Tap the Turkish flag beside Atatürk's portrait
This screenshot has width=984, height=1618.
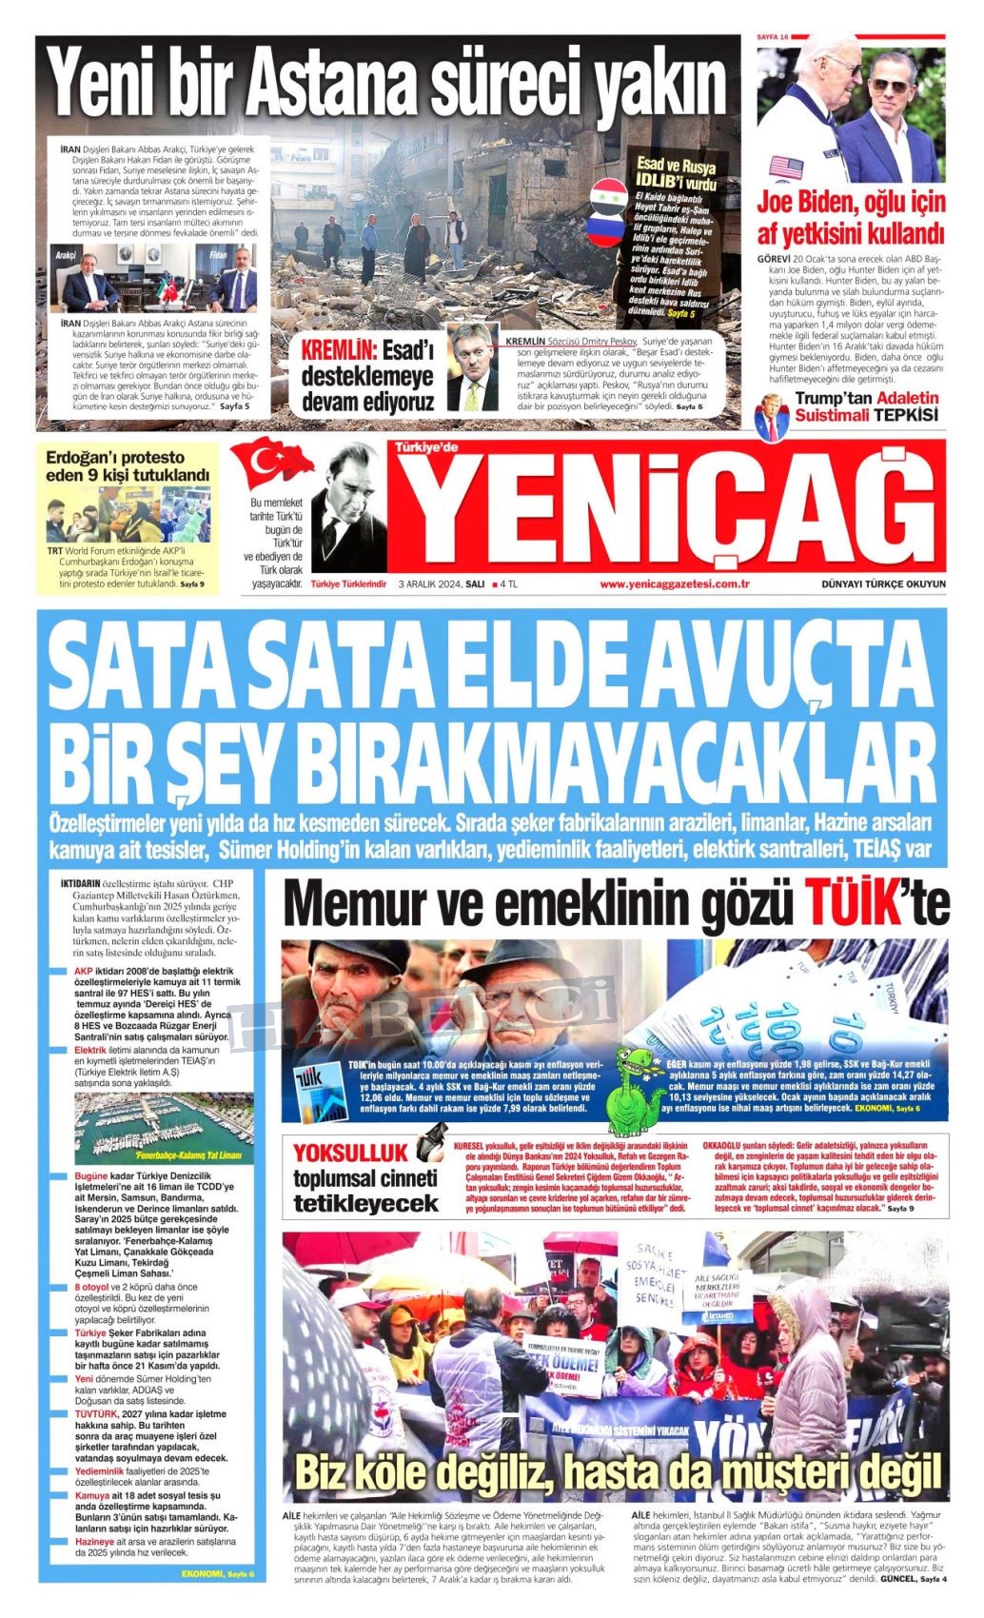[274, 464]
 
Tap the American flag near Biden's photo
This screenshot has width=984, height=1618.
[786, 168]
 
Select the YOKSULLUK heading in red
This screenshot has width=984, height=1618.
[350, 1151]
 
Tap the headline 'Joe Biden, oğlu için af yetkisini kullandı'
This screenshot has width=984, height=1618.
[851, 217]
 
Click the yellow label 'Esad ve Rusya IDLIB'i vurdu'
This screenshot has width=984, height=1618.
[678, 175]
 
